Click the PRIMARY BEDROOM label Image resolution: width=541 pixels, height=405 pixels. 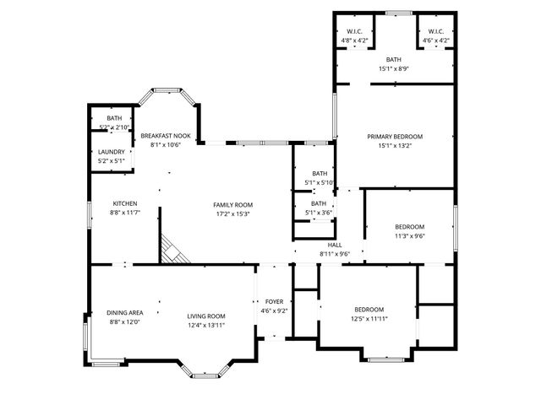[394, 136]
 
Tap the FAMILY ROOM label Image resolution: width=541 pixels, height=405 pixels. [232, 204]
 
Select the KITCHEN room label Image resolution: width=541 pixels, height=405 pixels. [125, 203]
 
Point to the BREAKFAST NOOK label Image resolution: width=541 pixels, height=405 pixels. [166, 136]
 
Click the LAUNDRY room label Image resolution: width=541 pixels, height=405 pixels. [111, 152]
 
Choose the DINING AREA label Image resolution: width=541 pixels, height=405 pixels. [123, 313]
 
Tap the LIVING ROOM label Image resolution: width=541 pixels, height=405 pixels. [206, 313]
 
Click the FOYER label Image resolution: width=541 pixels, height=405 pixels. [275, 301]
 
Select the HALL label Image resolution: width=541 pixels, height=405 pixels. [334, 245]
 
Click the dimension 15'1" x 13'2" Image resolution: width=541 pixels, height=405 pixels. [394, 145]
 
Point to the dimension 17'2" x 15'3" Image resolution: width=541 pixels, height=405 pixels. [232, 213]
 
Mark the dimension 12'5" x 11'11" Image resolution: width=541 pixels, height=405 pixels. [369, 319]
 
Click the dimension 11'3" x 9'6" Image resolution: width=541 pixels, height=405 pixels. [409, 236]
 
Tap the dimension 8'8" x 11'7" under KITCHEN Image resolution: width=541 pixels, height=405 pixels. [125, 213]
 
